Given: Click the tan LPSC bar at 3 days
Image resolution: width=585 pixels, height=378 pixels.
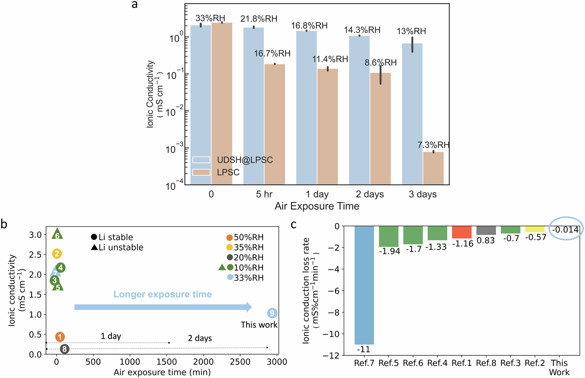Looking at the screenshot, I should coord(433,168).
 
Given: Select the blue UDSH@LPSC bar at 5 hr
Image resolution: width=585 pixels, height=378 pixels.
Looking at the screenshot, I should coord(253,105).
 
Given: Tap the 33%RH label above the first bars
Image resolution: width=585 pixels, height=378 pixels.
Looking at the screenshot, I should coord(210,18).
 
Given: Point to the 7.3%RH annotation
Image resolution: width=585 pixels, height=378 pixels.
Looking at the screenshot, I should coord(433,145).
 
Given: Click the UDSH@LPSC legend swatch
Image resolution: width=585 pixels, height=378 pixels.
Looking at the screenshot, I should coord(201,160).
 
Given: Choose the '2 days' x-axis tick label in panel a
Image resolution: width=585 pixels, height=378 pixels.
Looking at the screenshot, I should coord(370,194).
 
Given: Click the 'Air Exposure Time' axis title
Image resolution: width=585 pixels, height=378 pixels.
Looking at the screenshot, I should coord(317,206).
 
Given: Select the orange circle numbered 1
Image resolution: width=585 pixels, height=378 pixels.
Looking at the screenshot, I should coord(60,337).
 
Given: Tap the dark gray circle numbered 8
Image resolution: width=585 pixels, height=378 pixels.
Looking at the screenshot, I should coord(64,349).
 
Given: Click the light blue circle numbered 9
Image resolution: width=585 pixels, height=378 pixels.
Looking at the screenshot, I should coord(272,313).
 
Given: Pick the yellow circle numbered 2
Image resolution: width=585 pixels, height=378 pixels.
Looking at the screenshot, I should coord(57,254).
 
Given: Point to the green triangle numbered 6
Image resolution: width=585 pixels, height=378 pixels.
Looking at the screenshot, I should coord(57,235).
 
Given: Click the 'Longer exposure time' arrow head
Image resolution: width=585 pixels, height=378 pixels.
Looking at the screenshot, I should coord(248,307).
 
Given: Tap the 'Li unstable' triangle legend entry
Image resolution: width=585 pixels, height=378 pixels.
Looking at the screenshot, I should coord(117,247).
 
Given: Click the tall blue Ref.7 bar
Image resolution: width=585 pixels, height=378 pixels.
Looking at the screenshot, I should coord(364,284).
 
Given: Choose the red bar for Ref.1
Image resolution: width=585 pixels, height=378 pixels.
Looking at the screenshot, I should coord(462,232).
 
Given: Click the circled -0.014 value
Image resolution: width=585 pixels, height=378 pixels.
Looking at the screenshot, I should coord(565,230).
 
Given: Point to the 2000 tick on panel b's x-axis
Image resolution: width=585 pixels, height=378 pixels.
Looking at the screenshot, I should coord(203,362).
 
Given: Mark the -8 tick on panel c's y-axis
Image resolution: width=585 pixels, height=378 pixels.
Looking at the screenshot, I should coord(333,312).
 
